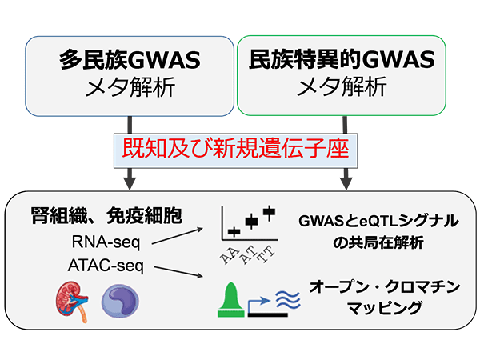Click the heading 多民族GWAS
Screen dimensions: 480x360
pyautogui.click(x=130, y=60)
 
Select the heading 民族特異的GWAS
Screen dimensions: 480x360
pyautogui.click(x=342, y=59)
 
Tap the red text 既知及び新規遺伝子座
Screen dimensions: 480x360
pyautogui.click(x=236, y=149)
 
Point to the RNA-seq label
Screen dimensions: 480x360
pyautogui.click(x=106, y=242)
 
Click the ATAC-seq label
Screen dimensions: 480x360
pyautogui.click(x=106, y=266)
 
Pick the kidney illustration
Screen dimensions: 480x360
pyautogui.click(x=73, y=302)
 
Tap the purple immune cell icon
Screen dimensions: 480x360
pyautogui.click(x=120, y=302)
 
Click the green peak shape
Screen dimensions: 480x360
pyautogui.click(x=231, y=300)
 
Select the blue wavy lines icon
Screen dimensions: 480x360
pyautogui.click(x=288, y=300)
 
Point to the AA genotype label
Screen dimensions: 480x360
pyautogui.click(x=230, y=256)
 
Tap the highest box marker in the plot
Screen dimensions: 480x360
pyautogui.click(x=269, y=212)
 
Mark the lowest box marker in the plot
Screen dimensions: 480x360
pyautogui.click(x=234, y=232)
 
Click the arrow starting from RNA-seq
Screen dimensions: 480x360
pyautogui.click(x=178, y=236)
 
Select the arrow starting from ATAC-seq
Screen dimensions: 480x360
pyautogui.click(x=178, y=272)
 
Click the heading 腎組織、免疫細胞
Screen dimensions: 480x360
pyautogui.click(x=106, y=216)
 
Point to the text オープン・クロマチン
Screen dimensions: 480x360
pyautogui.click(x=385, y=287)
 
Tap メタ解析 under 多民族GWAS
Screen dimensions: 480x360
pyautogui.click(x=130, y=87)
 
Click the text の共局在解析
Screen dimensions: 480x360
pyautogui.click(x=378, y=242)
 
